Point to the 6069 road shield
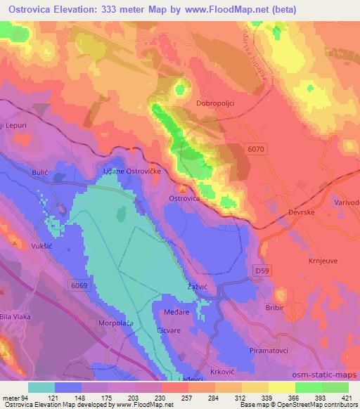point(79,284)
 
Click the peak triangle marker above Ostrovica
point(184,188)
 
